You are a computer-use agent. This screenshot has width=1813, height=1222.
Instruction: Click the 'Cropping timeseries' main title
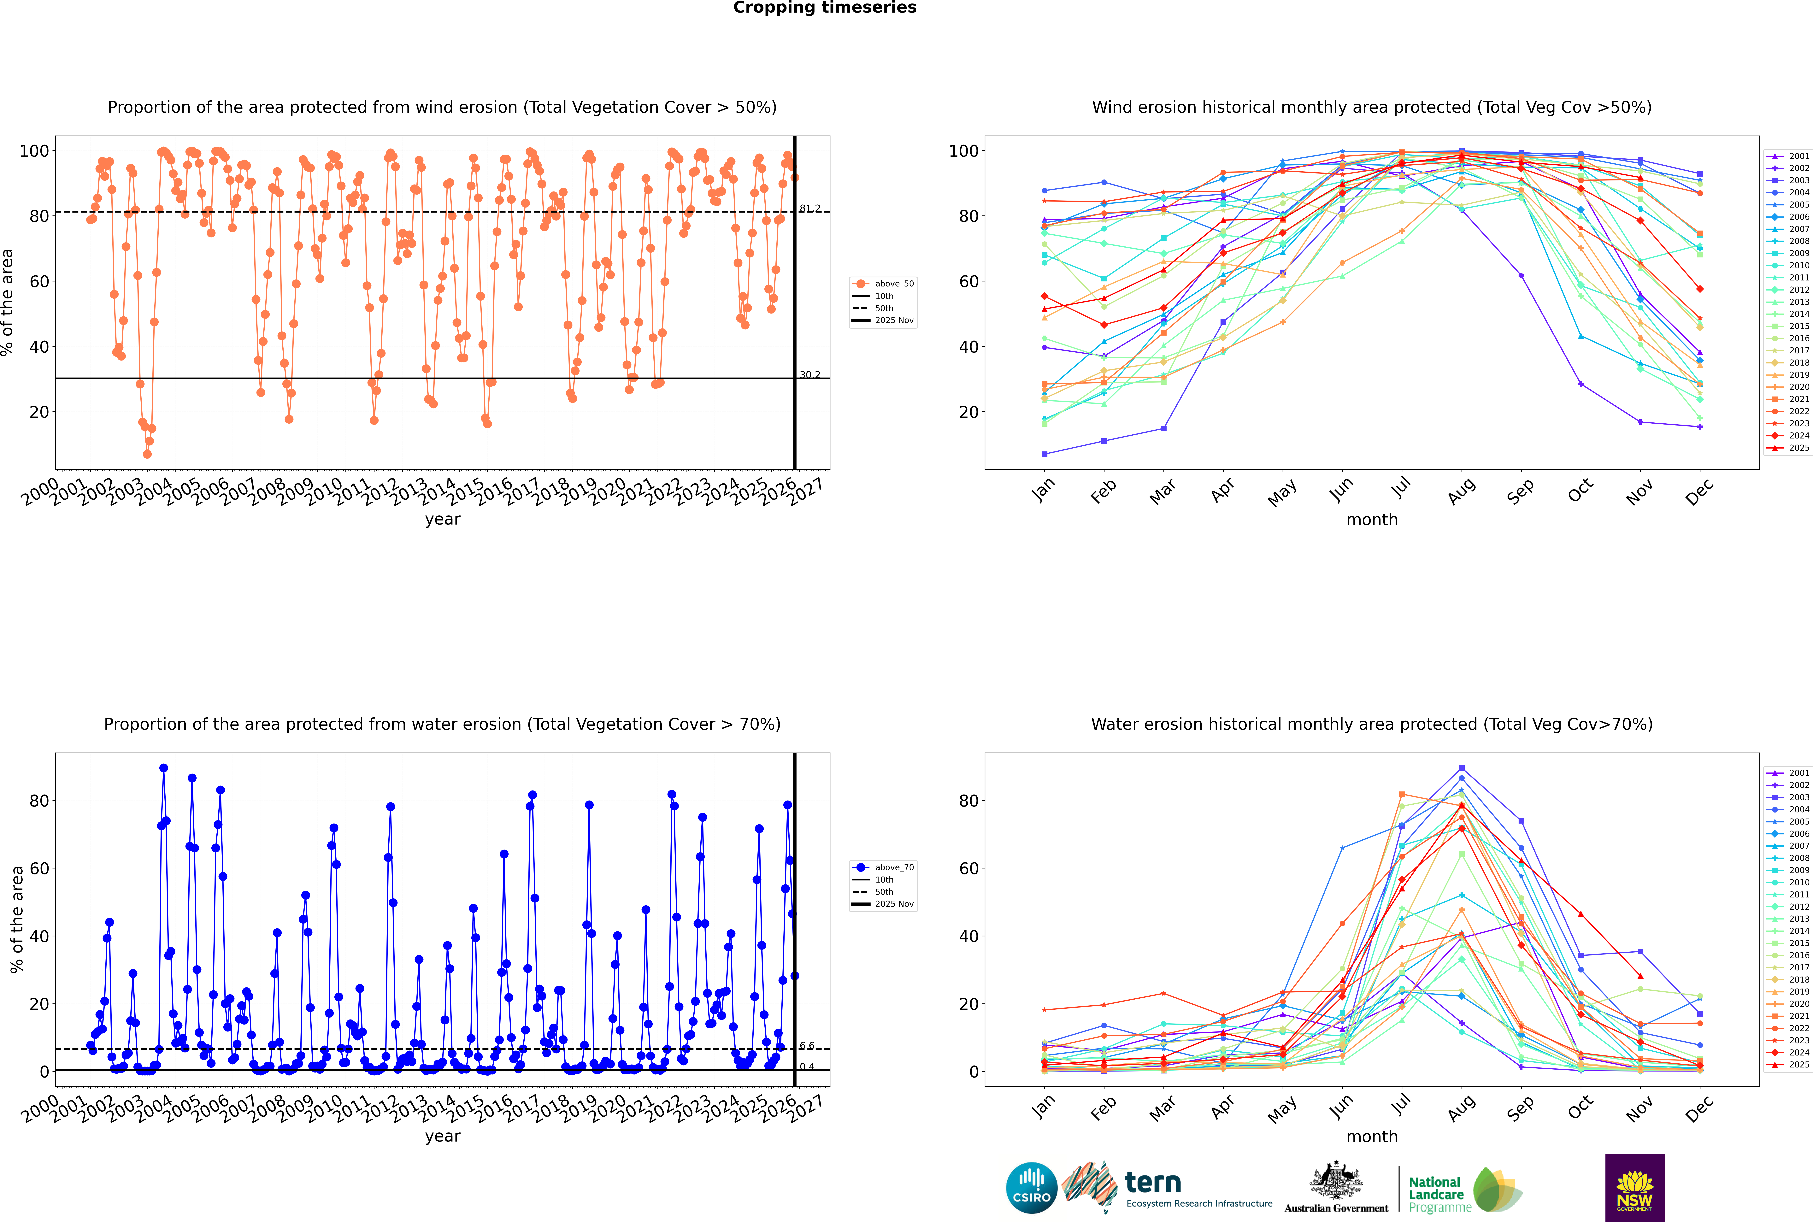(x=825, y=8)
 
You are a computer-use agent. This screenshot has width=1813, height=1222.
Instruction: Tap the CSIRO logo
(x=1031, y=1189)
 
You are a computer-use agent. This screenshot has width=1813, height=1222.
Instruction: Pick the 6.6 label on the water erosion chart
(x=807, y=1046)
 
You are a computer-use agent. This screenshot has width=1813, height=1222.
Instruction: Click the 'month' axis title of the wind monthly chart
(x=1372, y=520)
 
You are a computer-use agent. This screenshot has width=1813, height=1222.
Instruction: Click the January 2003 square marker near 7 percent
(x=1045, y=454)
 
